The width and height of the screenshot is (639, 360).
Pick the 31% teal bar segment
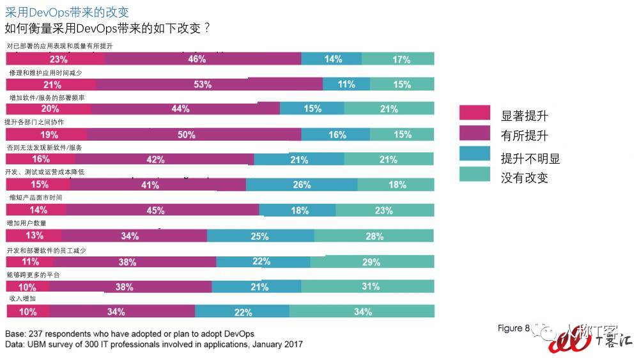pyautogui.click(x=371, y=286)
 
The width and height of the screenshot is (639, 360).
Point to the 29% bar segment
pyautogui.click(x=371, y=262)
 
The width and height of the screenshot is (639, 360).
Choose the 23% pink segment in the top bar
pyautogui.click(x=55, y=59)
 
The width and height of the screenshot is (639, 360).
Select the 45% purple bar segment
pyautogui.click(x=162, y=210)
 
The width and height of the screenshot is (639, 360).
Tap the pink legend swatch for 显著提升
pyautogui.click(x=475, y=113)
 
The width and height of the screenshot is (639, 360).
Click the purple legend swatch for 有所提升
pyautogui.click(x=475, y=133)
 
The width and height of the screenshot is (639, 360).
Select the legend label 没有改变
pyautogui.click(x=524, y=177)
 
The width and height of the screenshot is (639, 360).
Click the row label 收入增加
pyautogui.click(x=22, y=299)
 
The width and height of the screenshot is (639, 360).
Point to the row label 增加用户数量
pyautogui.click(x=26, y=223)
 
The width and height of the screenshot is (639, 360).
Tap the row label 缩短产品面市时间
pyautogui.click(x=35, y=198)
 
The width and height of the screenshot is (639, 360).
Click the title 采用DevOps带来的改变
pyautogui.click(x=66, y=12)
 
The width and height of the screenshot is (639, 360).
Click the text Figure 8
pyautogui.click(x=514, y=329)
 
